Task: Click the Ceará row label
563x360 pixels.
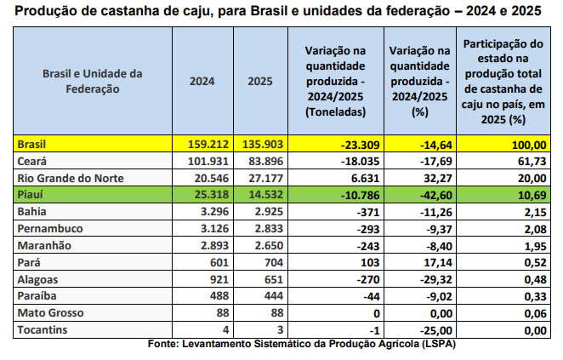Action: click(31, 162)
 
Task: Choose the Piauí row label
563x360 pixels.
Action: click(31, 196)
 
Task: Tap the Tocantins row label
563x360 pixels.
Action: click(40, 329)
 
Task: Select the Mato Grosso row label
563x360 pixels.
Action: click(48, 312)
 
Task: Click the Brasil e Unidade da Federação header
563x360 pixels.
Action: click(93, 81)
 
